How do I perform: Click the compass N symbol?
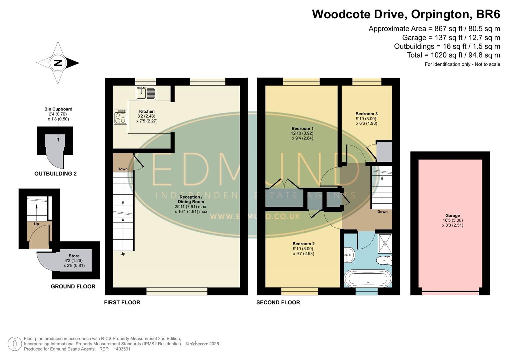click(58, 63)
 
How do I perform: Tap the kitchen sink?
click(146, 93)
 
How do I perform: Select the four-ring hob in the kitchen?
click(120, 117)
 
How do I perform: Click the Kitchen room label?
click(147, 112)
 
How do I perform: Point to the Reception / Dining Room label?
click(191, 199)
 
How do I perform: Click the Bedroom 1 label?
click(302, 129)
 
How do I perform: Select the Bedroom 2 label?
click(303, 244)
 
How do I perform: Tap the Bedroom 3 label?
click(366, 114)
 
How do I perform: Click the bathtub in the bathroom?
click(368, 279)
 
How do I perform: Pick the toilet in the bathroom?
click(384, 260)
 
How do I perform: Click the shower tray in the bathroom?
click(385, 243)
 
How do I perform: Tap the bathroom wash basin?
click(348, 256)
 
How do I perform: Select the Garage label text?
click(452, 216)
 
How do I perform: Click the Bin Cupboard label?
click(58, 109)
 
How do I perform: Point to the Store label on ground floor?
click(74, 256)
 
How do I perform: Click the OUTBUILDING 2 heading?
click(55, 174)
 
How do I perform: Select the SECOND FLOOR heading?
click(278, 302)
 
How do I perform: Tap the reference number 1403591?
click(122, 349)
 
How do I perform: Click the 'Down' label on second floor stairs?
click(382, 212)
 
